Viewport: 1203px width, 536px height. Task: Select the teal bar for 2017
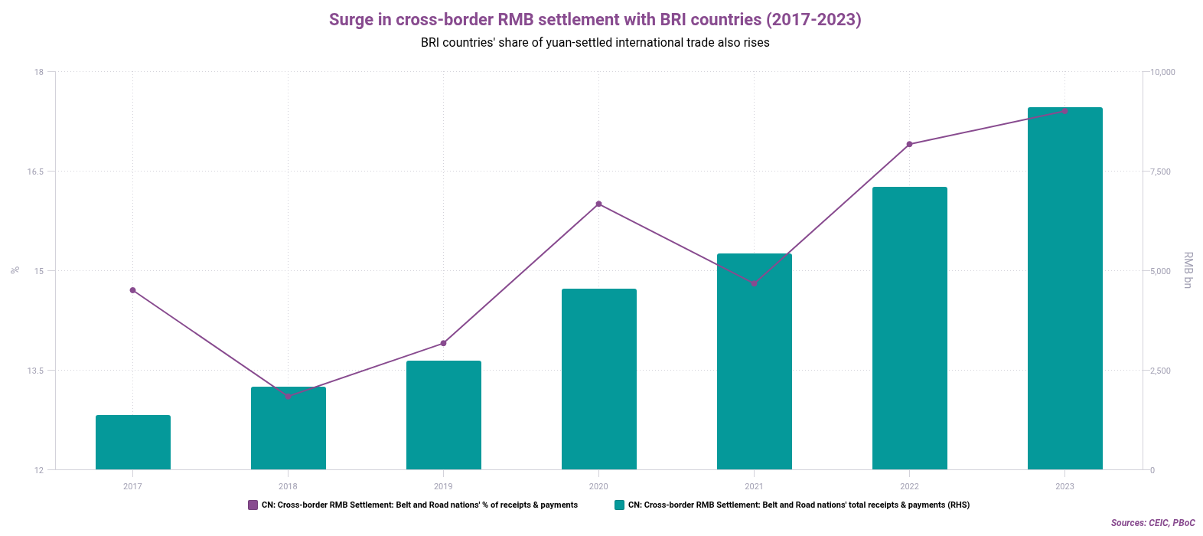pos(133,443)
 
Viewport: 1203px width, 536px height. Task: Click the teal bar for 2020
pos(599,379)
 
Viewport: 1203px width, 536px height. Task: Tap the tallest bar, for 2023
pos(1064,289)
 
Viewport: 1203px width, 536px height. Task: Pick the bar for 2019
pos(444,415)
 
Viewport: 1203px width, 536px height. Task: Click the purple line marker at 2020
pos(599,204)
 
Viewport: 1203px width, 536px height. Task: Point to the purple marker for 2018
pos(289,397)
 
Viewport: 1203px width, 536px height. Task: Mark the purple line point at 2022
pos(909,144)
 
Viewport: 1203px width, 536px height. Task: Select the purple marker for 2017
pos(132,290)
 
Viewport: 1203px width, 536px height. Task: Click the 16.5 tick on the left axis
pos(35,172)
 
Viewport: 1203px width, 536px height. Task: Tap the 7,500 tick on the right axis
pos(1160,172)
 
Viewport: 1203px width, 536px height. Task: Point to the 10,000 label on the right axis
pos(1162,72)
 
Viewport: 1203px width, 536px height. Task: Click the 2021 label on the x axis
pos(754,486)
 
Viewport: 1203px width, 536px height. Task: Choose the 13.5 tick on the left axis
pos(35,371)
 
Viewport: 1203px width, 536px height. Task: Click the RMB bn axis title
pos(1188,270)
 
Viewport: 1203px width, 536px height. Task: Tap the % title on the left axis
pos(15,270)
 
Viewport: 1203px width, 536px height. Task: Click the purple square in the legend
pos(253,505)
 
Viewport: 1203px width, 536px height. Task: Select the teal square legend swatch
pos(619,505)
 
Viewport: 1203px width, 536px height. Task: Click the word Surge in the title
pos(350,20)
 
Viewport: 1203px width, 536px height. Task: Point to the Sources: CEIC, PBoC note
pos(1152,523)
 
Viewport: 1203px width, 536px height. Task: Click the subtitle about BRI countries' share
pos(595,43)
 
